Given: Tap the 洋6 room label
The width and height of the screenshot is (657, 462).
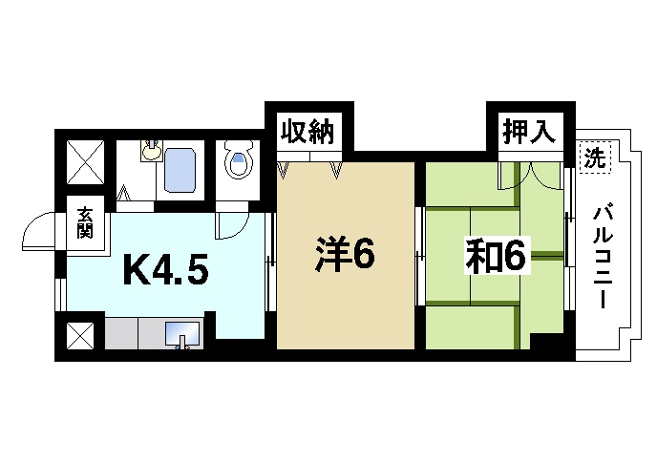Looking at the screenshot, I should click(x=345, y=255).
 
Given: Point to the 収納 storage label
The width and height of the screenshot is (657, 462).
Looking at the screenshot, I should click(x=307, y=133).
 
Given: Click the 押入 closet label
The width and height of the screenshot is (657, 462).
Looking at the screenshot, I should click(x=528, y=132).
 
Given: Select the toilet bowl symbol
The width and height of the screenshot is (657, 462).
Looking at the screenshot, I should click(x=239, y=161).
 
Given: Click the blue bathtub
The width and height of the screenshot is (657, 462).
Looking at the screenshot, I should click(x=180, y=169).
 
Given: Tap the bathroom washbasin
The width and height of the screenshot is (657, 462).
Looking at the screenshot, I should click(x=151, y=150).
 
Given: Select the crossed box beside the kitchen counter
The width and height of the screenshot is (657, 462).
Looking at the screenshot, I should click(x=80, y=335).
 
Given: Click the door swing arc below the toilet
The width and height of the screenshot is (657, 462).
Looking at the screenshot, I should click(x=229, y=225).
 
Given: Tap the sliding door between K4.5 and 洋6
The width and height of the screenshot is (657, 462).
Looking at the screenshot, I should click(x=270, y=257).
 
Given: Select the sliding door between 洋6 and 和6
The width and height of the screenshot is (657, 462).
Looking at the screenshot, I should click(x=420, y=256).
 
